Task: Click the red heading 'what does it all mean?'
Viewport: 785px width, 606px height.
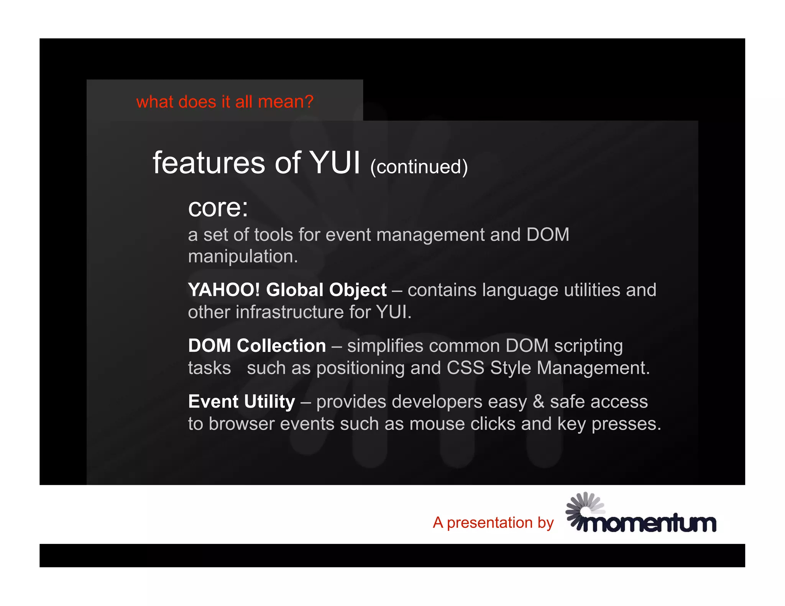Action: tap(225, 102)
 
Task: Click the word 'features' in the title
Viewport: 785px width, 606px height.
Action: tap(209, 163)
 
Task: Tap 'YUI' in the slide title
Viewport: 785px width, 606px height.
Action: tap(335, 163)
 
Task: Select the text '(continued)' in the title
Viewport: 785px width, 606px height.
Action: tap(419, 167)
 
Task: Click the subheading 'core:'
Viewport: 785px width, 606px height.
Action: tap(218, 208)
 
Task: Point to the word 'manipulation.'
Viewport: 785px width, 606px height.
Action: tap(243, 256)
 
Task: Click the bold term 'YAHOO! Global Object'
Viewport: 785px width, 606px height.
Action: tap(287, 290)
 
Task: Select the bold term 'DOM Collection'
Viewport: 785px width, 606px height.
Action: tap(257, 346)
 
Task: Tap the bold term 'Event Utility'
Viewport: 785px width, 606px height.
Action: tap(241, 402)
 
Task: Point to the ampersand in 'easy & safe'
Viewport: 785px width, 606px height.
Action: tap(538, 402)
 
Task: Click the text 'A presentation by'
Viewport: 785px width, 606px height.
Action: tap(493, 523)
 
